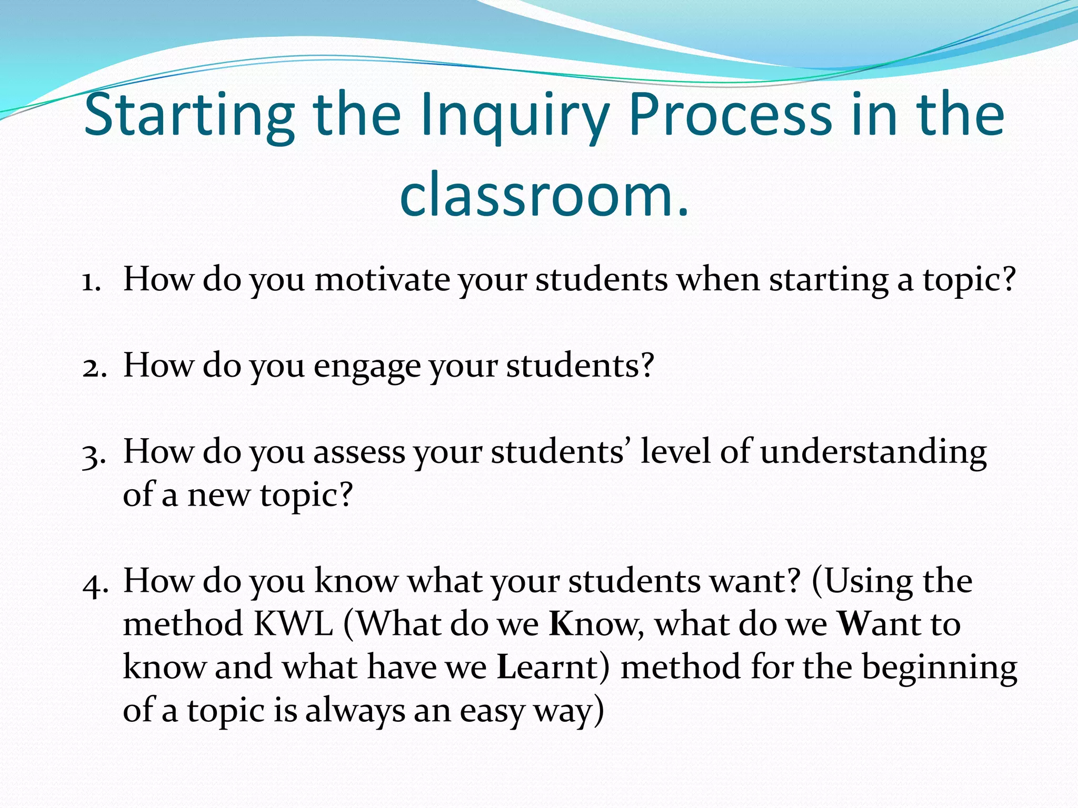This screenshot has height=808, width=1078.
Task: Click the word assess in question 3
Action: click(x=359, y=452)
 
